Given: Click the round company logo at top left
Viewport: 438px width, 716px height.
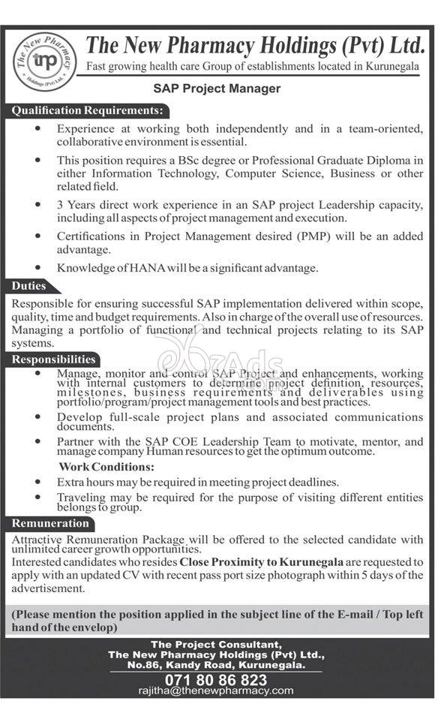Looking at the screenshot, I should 45,61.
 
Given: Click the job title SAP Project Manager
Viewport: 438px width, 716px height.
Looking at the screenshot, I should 217,89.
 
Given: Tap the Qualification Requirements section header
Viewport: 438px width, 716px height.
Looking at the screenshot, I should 89,111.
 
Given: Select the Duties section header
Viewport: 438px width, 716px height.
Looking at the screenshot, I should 29,286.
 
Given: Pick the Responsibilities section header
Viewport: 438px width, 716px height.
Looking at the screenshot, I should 53,360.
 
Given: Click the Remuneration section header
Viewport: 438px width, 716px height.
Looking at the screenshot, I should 50,523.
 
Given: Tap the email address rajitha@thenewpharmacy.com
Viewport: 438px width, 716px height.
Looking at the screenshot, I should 216,690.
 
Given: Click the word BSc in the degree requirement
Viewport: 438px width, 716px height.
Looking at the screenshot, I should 211,161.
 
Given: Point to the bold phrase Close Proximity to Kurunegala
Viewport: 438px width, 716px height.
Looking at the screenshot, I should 261,561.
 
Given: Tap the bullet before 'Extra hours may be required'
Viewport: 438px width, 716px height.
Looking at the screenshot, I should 38,482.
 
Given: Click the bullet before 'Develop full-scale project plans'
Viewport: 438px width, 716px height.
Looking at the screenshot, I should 38,417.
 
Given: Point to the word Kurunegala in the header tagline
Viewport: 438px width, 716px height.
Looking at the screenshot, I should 392,68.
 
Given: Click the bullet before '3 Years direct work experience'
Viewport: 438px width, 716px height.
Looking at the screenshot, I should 38,205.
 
